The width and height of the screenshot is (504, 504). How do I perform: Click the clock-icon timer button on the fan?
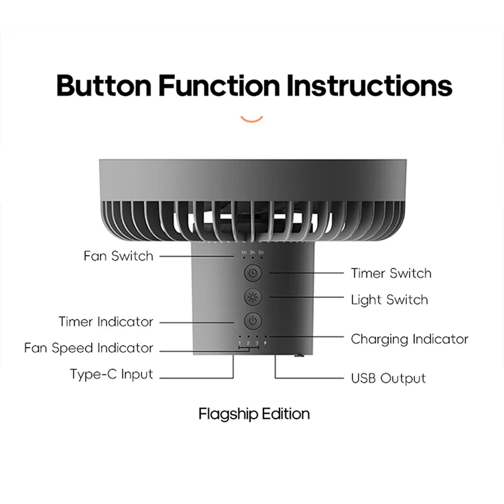click(252, 273)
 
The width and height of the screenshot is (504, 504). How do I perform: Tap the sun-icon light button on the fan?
click(252, 297)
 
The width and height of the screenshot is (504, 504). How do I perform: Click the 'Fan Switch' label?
click(118, 256)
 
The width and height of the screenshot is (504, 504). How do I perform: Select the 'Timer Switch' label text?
click(391, 273)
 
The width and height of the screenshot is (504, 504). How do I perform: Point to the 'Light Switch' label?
click(389, 300)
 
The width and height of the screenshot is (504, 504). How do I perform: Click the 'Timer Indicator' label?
click(106, 322)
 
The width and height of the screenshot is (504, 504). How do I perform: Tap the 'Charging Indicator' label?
click(409, 339)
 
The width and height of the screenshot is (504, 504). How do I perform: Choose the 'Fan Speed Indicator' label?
click(89, 348)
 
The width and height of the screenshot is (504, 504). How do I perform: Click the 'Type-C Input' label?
click(112, 374)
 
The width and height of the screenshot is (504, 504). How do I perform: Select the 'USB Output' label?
click(388, 378)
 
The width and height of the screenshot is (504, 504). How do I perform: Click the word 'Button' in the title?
click(104, 86)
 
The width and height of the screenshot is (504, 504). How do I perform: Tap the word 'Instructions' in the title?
click(370, 86)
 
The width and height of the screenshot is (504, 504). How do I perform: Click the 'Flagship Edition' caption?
click(254, 414)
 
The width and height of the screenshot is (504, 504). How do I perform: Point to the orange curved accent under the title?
click(252, 120)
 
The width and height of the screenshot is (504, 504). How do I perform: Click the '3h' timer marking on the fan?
click(252, 252)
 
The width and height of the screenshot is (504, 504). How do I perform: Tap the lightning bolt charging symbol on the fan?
click(265, 343)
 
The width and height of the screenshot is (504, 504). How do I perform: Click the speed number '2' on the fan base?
click(248, 343)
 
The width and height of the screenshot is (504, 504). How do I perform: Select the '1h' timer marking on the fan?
click(244, 252)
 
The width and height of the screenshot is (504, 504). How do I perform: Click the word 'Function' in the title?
click(219, 86)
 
